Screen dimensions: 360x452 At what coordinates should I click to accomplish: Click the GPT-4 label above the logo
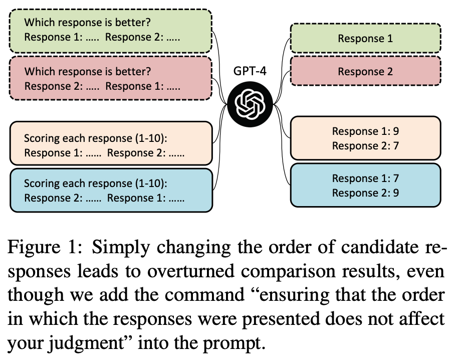point(250,71)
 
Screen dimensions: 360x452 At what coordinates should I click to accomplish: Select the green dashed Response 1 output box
point(365,38)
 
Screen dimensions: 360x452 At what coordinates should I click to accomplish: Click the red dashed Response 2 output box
point(365,72)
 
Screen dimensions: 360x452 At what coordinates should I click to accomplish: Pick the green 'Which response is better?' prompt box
point(111,30)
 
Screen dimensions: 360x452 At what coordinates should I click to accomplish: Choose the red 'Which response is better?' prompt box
point(111,78)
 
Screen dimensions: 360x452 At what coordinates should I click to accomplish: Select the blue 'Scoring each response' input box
point(111,190)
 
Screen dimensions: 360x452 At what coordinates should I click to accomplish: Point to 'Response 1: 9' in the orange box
point(365,131)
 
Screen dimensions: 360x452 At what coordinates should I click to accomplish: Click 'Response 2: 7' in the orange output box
point(365,146)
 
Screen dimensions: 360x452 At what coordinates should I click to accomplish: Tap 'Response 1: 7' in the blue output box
point(365,178)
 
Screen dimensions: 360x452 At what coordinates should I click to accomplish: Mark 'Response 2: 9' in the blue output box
point(365,193)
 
